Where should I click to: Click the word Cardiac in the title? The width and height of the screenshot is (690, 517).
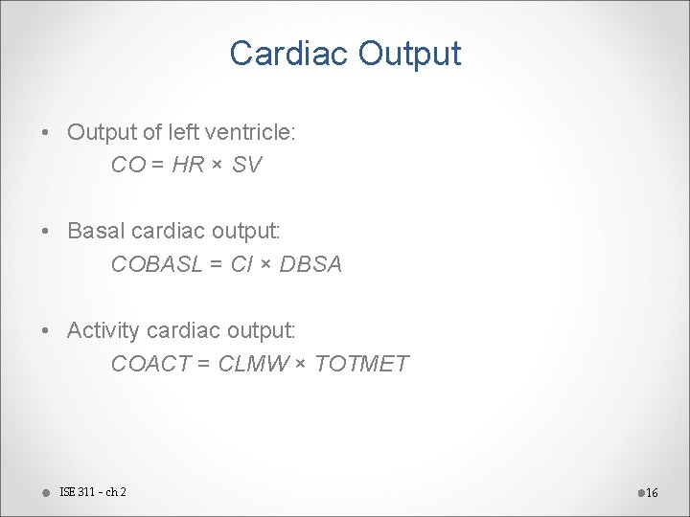point(289,54)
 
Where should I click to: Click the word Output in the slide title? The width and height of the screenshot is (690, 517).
point(409,54)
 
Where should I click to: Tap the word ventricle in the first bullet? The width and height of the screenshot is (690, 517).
point(252,132)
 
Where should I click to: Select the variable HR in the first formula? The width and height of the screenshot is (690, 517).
point(189,165)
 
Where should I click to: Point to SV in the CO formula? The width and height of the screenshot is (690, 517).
point(246,165)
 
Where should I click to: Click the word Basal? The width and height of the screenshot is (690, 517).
point(96,231)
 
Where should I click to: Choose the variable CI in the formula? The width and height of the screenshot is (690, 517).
point(241,264)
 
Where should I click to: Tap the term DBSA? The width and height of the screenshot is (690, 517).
point(310,264)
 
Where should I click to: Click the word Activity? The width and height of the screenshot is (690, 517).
point(103,330)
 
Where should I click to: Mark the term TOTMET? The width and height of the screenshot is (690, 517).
point(361,364)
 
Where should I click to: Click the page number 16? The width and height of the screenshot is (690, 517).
point(652,493)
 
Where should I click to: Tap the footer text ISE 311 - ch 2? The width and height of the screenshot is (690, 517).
point(93,492)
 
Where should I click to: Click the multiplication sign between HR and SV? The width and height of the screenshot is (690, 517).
point(218,166)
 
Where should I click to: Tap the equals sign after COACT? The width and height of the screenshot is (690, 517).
point(203,364)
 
